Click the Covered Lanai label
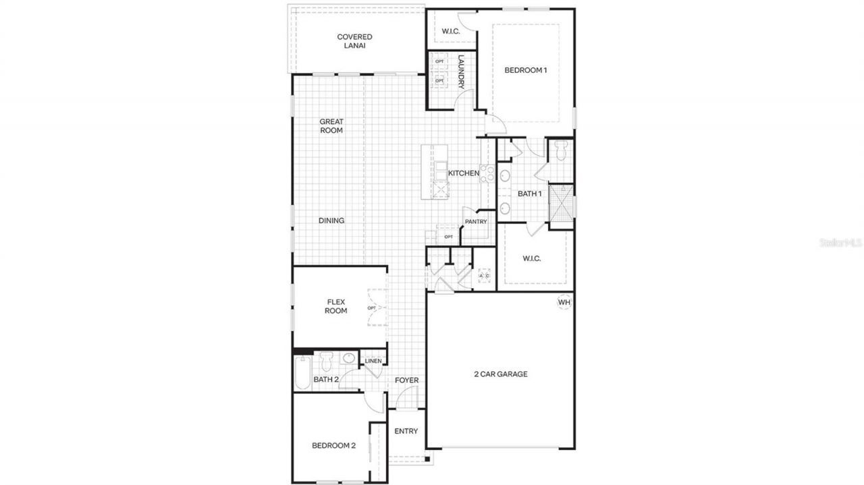[x=354, y=41]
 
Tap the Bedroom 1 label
[x=526, y=70]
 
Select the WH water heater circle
[x=564, y=302]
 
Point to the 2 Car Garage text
[x=500, y=374]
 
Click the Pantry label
[x=475, y=222]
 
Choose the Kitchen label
[x=464, y=173]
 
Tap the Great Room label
[x=331, y=126]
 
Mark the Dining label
[x=331, y=221]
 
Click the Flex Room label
[x=336, y=306]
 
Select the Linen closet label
[x=373, y=361]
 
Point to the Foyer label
[x=406, y=380]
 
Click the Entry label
[x=406, y=431]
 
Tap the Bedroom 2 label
[x=333, y=445]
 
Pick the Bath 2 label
[x=325, y=380]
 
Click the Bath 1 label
[x=530, y=194]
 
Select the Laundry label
[x=461, y=72]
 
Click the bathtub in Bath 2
[x=302, y=374]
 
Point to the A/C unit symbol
[x=484, y=276]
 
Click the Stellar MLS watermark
[x=840, y=241]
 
